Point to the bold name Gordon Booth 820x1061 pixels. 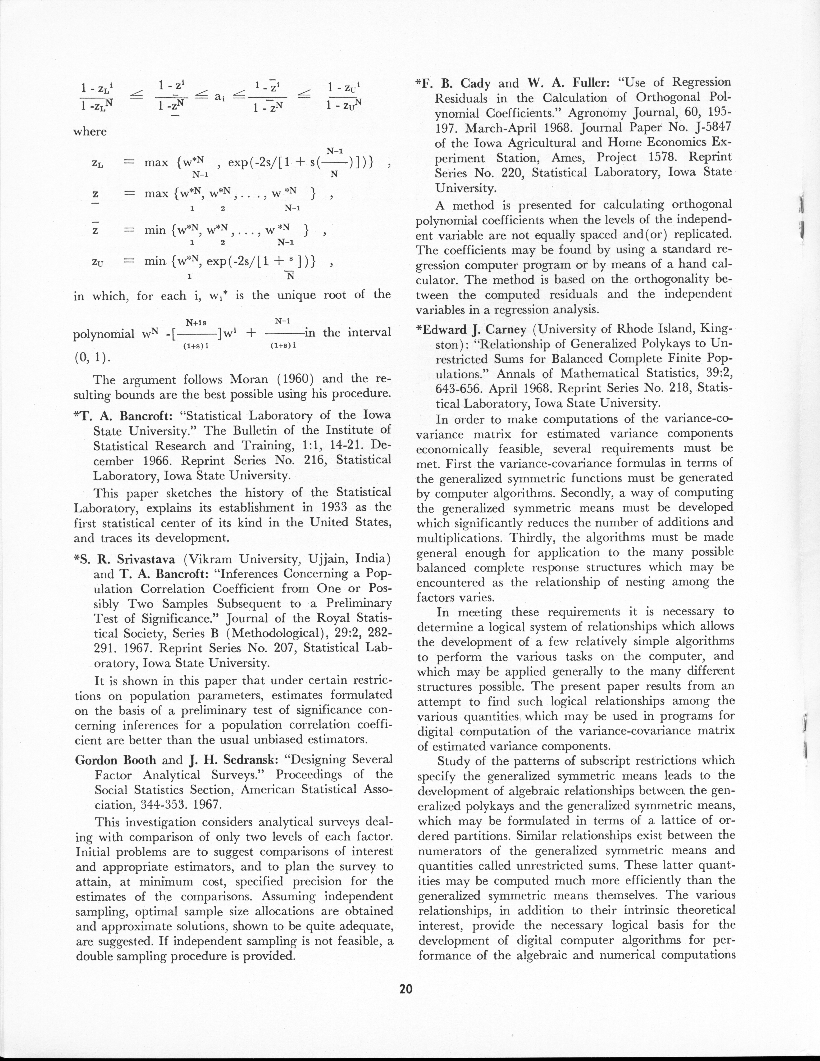coord(116,760)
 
